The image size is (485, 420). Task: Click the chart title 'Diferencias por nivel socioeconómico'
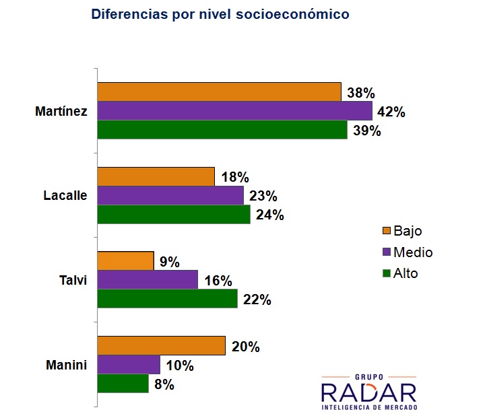[x=220, y=13]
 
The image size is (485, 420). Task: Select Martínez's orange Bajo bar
[x=219, y=92]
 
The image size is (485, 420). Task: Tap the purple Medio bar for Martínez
[x=234, y=110]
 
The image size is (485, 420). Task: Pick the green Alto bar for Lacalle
[x=174, y=215]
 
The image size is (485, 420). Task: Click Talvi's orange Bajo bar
[x=125, y=260]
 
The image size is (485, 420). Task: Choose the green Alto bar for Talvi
[x=167, y=298]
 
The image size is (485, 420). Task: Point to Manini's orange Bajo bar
[x=161, y=346]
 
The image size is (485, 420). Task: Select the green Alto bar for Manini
[x=123, y=384]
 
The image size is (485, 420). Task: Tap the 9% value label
[x=170, y=262]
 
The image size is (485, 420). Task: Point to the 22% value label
[x=257, y=300]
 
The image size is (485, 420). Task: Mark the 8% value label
[x=164, y=385]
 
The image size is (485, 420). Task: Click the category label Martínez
[x=61, y=111]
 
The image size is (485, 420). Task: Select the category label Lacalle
[x=65, y=196]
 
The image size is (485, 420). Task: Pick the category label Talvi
[x=73, y=280]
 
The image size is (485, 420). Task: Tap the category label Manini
[x=67, y=365]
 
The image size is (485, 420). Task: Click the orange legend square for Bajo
[x=387, y=232]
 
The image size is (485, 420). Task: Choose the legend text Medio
[x=413, y=252]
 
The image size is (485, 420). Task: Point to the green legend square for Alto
[x=387, y=273]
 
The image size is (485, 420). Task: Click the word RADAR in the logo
[x=368, y=392]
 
